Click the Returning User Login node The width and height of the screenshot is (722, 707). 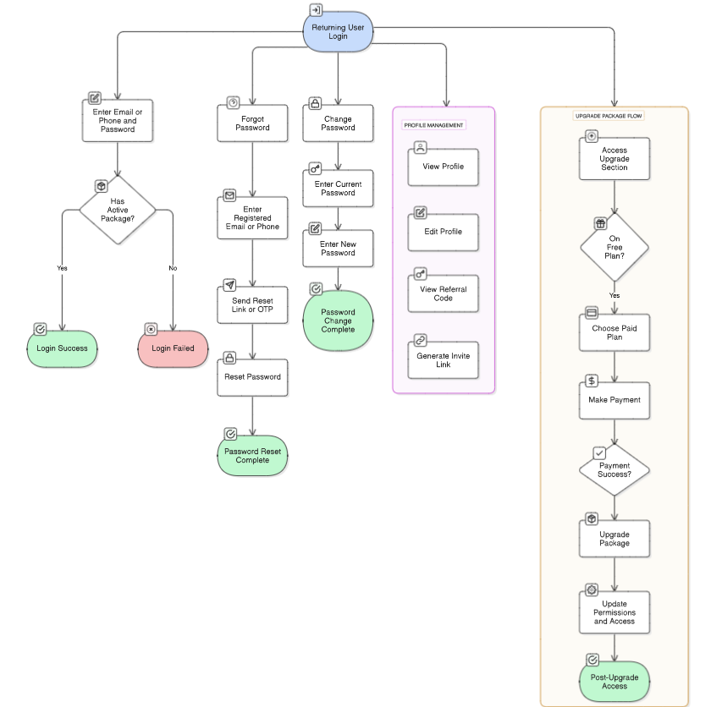click(x=339, y=32)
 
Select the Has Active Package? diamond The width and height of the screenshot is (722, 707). click(x=118, y=211)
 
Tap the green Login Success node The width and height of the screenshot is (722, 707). click(x=62, y=348)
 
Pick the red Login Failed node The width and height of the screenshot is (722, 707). click(x=173, y=348)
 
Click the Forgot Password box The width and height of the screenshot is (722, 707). click(x=251, y=123)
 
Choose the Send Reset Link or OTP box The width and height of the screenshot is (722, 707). click(x=251, y=304)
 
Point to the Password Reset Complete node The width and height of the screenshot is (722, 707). click(x=252, y=456)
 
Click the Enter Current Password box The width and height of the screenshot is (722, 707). click(x=338, y=189)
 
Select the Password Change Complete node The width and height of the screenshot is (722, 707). click(x=338, y=321)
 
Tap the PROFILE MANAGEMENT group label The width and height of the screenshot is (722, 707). click(x=433, y=125)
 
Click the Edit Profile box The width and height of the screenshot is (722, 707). click(x=443, y=232)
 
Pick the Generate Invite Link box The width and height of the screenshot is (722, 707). click(x=443, y=361)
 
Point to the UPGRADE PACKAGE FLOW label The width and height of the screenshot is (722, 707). click(x=609, y=115)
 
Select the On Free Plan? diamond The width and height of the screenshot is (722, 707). click(x=615, y=247)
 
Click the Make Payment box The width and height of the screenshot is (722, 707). click(x=615, y=400)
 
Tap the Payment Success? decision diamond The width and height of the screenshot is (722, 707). click(x=615, y=470)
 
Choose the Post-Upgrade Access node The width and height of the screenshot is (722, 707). click(x=615, y=682)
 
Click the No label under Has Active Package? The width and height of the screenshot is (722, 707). click(x=173, y=268)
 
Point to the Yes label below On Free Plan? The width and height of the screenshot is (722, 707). click(x=615, y=295)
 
